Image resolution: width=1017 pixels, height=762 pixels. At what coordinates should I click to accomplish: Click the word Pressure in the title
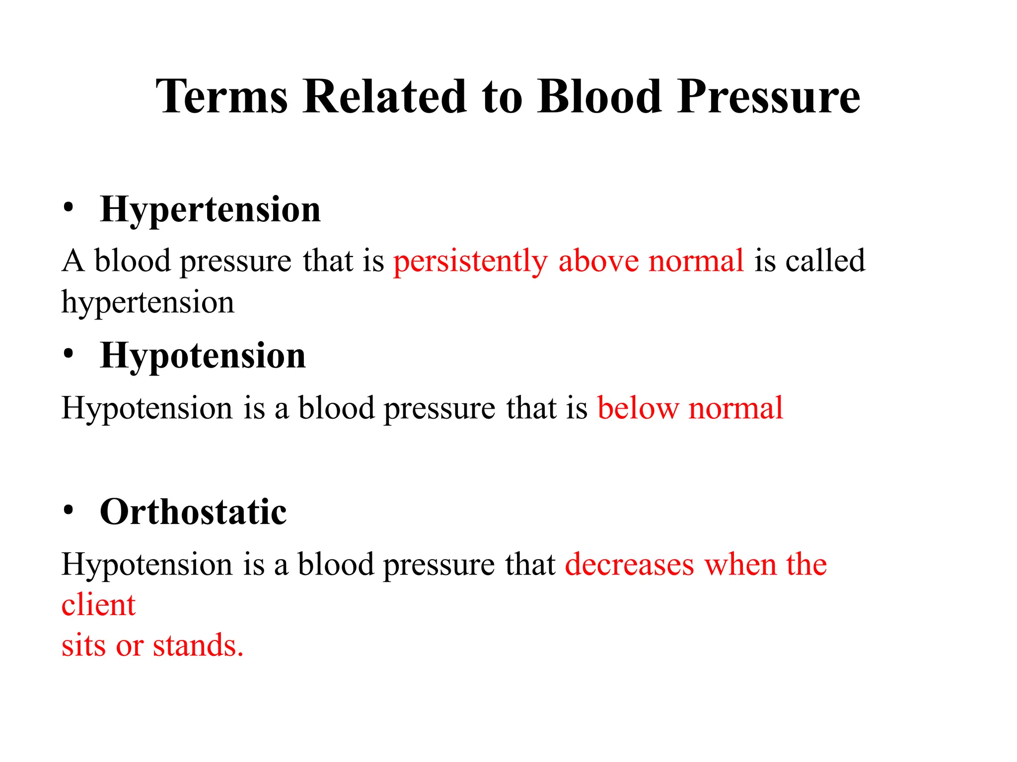[768, 98]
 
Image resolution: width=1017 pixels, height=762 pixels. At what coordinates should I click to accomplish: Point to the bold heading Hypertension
[210, 210]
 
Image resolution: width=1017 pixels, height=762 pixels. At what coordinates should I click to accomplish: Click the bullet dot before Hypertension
[69, 207]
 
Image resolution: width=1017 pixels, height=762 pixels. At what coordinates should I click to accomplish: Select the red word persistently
[470, 261]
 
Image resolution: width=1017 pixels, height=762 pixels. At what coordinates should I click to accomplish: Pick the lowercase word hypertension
[147, 303]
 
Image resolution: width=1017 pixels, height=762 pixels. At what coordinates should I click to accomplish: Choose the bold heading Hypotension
[203, 356]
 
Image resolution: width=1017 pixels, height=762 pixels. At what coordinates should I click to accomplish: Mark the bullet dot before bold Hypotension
[69, 354]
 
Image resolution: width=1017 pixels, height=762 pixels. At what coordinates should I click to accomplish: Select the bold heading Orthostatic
[193, 512]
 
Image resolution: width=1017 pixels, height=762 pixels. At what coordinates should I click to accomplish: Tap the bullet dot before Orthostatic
[69, 510]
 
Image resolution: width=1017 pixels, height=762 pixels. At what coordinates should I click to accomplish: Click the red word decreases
[629, 565]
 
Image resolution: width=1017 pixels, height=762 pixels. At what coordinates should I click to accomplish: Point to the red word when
[740, 565]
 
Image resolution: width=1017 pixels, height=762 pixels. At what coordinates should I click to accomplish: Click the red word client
[98, 605]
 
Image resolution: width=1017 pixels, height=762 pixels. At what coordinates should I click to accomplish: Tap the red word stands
[198, 646]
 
